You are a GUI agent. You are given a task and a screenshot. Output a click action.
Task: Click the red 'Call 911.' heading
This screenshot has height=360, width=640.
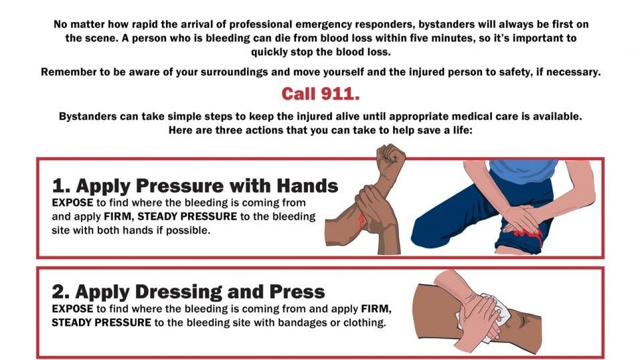(x=320, y=93)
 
